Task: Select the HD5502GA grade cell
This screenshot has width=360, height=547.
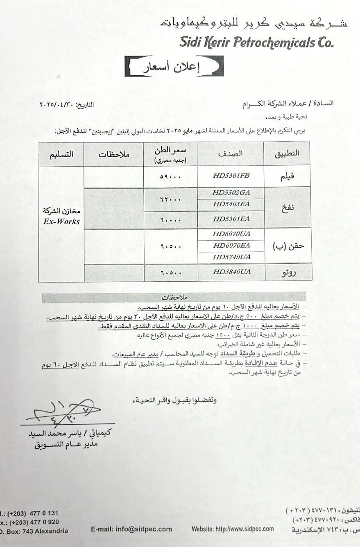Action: tap(231, 192)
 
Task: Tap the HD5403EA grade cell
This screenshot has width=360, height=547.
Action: tap(231, 204)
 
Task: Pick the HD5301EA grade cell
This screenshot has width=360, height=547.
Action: tap(231, 219)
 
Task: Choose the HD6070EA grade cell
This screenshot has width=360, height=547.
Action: tap(231, 246)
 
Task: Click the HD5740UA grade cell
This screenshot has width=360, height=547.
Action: tap(231, 257)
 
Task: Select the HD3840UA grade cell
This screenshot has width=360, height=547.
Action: tap(231, 272)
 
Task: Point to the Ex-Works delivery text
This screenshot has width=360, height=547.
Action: tap(61, 222)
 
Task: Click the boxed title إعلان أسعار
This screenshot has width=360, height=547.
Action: tap(174, 67)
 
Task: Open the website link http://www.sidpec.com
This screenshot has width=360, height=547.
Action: tap(233, 529)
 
